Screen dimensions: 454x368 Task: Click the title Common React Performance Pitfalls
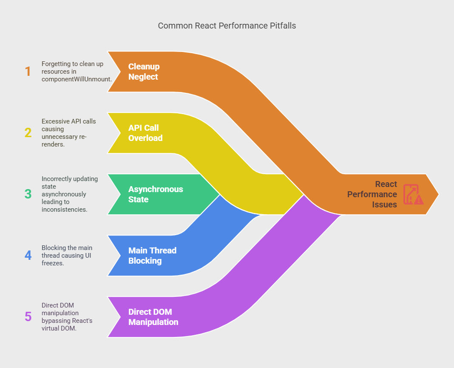pos(227,26)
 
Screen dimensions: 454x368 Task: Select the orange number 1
pos(28,72)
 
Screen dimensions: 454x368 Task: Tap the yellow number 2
pos(28,132)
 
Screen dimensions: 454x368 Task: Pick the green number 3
pos(28,194)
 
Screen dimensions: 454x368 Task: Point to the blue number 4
pos(28,256)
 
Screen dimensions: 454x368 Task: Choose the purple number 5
pos(28,316)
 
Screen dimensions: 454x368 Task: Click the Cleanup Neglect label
pos(144,72)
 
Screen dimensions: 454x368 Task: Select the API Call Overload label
pos(145,133)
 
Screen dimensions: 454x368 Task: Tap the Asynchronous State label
pos(156,194)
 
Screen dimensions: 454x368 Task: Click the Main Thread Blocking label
pos(152,256)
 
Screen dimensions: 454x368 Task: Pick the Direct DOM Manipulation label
pos(153,317)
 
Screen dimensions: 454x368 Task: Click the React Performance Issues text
pos(372,194)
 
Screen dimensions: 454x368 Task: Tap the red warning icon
pos(413,194)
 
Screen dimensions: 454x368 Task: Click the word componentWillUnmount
pos(77,79)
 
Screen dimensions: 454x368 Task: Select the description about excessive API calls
pos(68,132)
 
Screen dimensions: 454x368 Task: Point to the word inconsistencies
pos(64,209)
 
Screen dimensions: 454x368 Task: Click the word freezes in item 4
pos(53,263)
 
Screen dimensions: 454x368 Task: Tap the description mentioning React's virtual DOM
pos(67,316)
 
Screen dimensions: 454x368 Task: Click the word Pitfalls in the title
pos(283,26)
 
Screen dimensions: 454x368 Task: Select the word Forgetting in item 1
pos(56,64)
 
